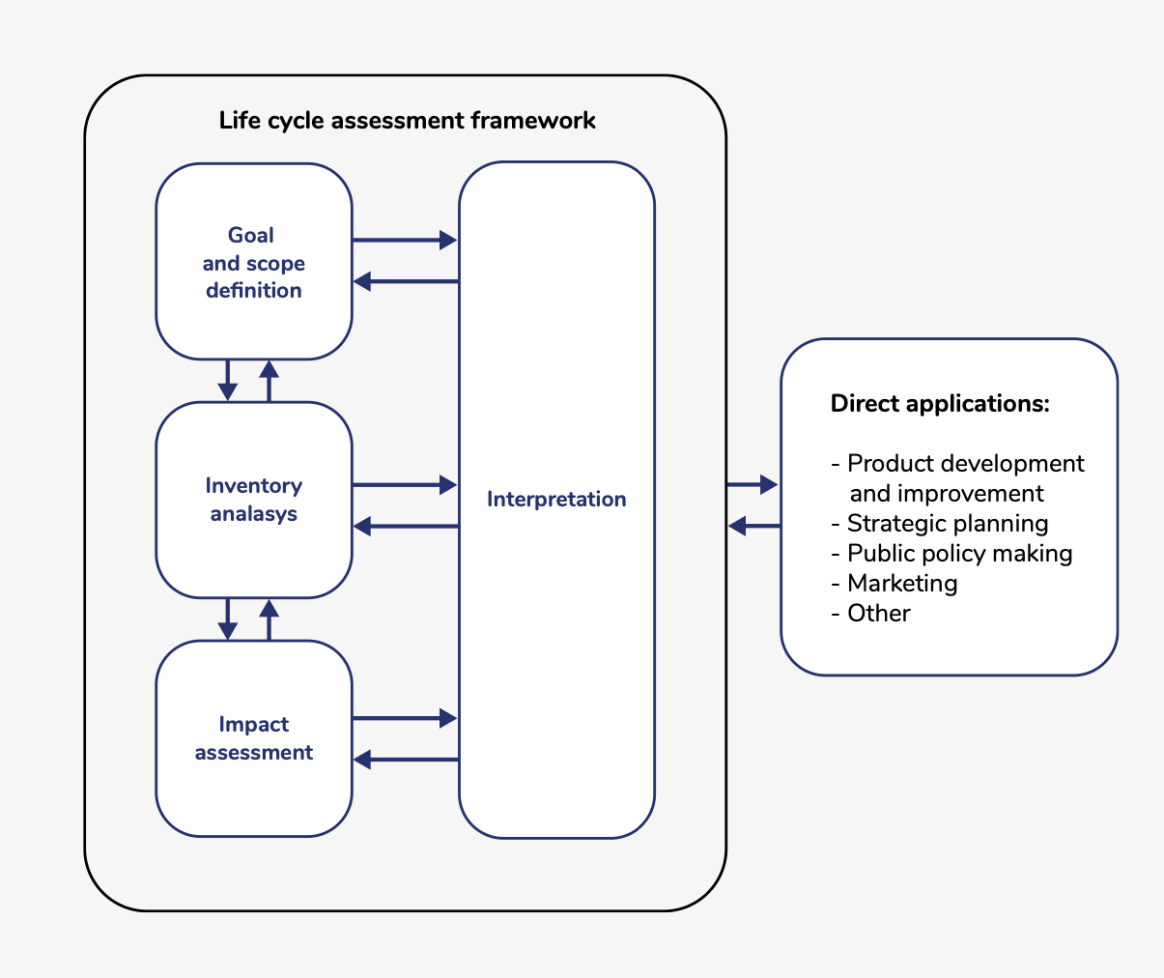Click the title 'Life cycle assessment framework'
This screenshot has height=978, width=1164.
click(x=407, y=121)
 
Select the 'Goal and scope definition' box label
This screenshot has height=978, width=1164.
click(x=253, y=263)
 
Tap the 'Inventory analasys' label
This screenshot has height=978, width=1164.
click(x=253, y=500)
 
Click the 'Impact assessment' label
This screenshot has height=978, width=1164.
click(x=253, y=738)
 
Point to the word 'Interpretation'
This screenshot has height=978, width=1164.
click(x=556, y=500)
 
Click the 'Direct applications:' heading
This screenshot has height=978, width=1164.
click(x=940, y=404)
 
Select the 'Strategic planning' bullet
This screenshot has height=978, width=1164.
click(x=947, y=524)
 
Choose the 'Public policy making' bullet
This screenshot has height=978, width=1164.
click(x=959, y=554)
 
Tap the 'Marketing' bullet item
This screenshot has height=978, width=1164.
click(x=901, y=584)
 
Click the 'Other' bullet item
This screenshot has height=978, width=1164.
click(x=878, y=614)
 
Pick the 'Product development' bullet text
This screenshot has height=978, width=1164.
click(x=965, y=464)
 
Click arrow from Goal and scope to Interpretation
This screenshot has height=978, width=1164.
click(x=404, y=240)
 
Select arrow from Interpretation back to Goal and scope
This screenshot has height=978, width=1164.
click(x=406, y=281)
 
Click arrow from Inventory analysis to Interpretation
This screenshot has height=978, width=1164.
click(x=404, y=484)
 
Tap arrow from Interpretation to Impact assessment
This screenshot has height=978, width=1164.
click(x=406, y=760)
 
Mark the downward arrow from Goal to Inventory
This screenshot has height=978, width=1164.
click(x=227, y=380)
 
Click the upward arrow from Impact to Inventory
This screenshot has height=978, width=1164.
click(x=270, y=619)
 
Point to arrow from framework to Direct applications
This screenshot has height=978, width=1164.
click(x=752, y=484)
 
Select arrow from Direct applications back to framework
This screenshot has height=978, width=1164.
click(x=754, y=526)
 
